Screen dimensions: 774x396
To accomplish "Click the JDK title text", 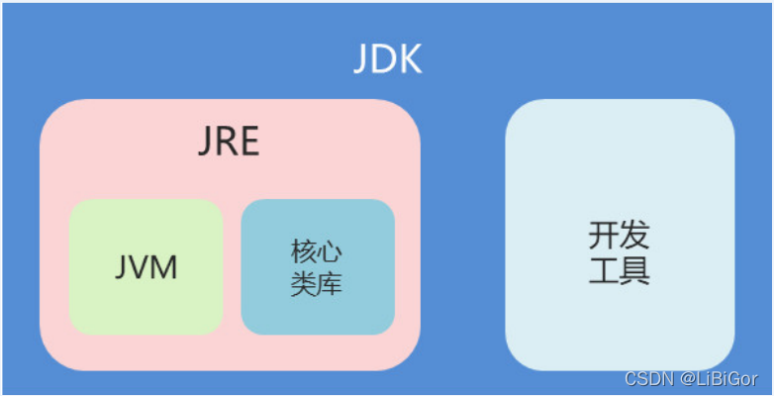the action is [x=388, y=60].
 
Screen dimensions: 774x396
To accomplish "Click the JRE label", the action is [x=229, y=142].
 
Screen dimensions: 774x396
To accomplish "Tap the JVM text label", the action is [x=145, y=265].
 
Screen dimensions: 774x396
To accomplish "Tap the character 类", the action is [x=303, y=283].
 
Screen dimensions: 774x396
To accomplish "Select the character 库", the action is [x=332, y=283].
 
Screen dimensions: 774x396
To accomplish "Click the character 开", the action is [x=604, y=235].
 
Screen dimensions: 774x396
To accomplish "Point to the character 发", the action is [x=635, y=235].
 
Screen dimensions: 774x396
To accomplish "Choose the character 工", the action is [x=604, y=269].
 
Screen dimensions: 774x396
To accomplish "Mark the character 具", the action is [x=635, y=269].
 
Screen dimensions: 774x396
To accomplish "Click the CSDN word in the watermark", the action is [x=646, y=378].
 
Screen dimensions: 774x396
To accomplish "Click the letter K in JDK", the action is [x=409, y=60].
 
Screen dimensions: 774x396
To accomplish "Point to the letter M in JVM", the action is [x=163, y=265].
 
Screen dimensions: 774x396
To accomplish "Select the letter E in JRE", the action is [x=248, y=142].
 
